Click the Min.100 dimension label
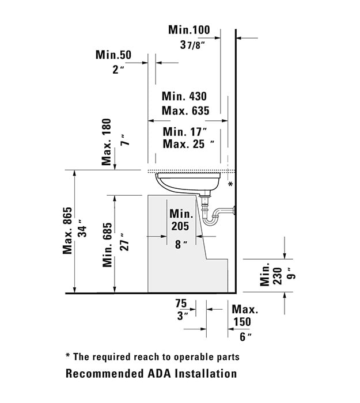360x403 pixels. click(x=189, y=30)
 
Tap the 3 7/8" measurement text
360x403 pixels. click(x=193, y=45)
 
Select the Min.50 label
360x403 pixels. click(x=113, y=55)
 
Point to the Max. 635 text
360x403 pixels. click(x=185, y=111)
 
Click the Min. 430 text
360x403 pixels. click(x=184, y=96)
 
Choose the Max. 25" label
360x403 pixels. click(x=188, y=144)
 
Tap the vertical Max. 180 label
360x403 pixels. click(x=107, y=142)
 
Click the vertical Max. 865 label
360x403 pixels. click(x=67, y=230)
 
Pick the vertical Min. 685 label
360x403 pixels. click(x=108, y=245)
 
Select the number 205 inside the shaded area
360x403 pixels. click(x=180, y=226)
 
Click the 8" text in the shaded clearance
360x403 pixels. click(x=181, y=245)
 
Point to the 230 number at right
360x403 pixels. click(x=278, y=276)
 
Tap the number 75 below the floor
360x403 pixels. click(x=181, y=303)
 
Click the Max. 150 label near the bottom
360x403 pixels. click(x=245, y=315)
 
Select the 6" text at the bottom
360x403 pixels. click(x=245, y=337)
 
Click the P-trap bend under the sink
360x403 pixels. click(x=211, y=220)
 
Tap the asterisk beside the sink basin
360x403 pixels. click(x=230, y=184)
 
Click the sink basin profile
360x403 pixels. click(x=188, y=183)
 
